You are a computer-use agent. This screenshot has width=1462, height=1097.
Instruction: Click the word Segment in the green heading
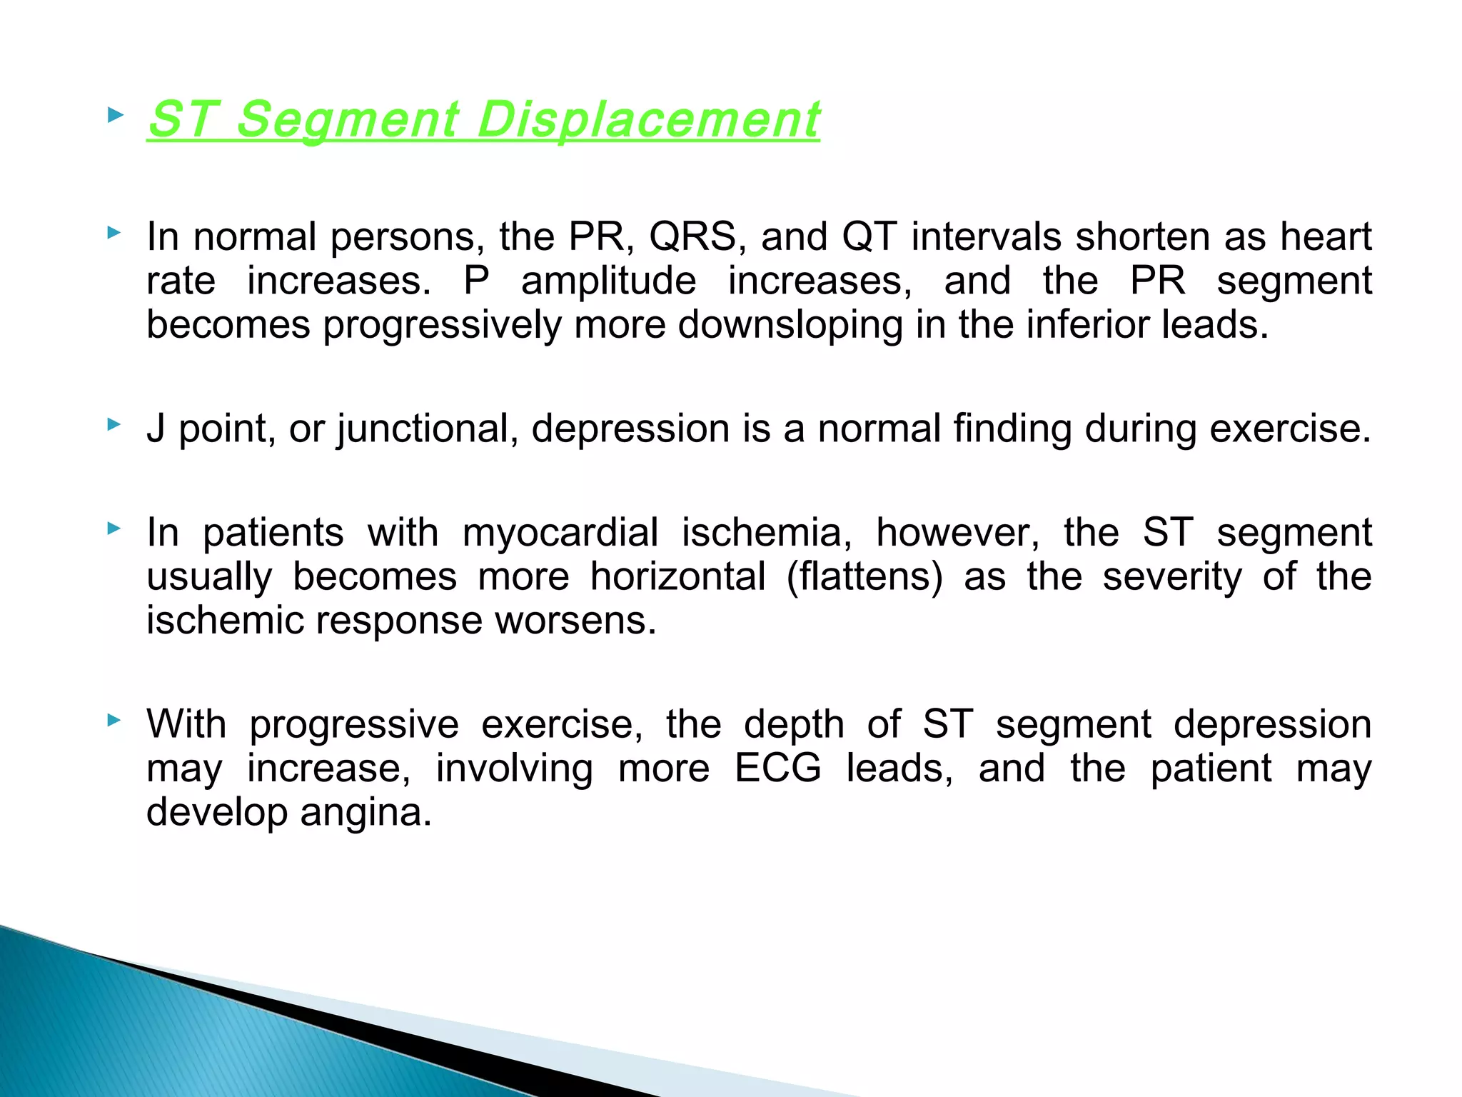[x=347, y=119]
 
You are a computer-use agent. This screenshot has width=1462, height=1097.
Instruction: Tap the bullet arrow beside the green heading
[x=114, y=114]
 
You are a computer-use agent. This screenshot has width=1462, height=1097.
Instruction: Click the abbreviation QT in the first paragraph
[x=868, y=236]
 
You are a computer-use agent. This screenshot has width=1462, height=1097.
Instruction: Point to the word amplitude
[x=608, y=281]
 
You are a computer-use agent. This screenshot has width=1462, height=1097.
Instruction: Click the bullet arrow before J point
[x=114, y=425]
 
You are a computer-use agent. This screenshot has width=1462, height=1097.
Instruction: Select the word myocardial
[x=560, y=533]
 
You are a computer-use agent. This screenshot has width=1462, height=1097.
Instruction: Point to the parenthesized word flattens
[x=864, y=577]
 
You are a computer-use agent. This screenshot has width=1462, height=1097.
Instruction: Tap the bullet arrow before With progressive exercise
[x=114, y=721]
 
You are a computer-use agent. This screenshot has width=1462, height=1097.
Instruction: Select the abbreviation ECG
[x=778, y=769]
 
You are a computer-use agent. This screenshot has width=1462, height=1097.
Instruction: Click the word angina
[x=365, y=813]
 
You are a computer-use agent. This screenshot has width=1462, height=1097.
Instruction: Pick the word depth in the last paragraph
[x=794, y=725]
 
